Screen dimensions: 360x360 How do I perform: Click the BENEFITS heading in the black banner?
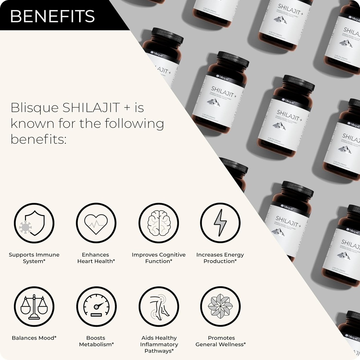click(x=53, y=16)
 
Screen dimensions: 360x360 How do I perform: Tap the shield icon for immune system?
click(x=34, y=223)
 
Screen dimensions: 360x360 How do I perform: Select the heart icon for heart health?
click(x=96, y=223)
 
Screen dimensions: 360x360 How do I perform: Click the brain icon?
click(x=159, y=223)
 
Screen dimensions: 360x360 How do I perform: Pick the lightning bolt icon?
click(x=220, y=223)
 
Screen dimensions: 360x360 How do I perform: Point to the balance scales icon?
click(x=34, y=307)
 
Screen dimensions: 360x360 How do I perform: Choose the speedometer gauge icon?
click(x=96, y=307)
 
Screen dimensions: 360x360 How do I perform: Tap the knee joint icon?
click(x=159, y=307)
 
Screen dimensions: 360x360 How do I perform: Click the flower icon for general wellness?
click(x=220, y=307)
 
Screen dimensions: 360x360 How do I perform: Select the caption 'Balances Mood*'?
click(x=34, y=338)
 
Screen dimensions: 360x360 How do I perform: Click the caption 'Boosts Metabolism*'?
click(x=96, y=341)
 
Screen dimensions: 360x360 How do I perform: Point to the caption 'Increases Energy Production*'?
click(x=220, y=258)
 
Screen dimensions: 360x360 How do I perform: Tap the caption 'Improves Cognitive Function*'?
click(x=159, y=258)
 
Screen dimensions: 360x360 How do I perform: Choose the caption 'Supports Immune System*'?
click(x=34, y=258)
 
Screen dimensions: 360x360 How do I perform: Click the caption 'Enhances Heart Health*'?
click(x=96, y=258)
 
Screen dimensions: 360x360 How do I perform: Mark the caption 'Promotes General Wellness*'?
click(x=221, y=341)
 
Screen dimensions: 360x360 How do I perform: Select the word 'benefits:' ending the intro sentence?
click(x=39, y=139)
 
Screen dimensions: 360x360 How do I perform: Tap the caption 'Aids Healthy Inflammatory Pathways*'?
click(x=159, y=344)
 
